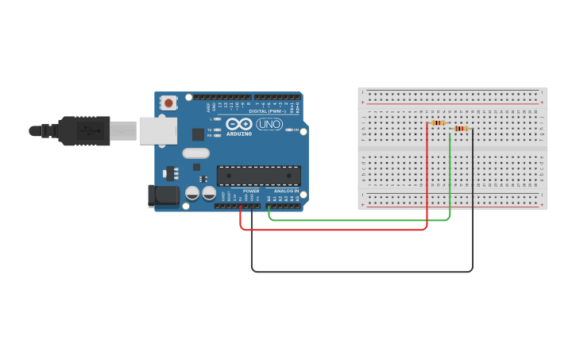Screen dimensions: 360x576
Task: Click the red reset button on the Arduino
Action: [168, 103]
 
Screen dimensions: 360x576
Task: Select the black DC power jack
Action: [164, 195]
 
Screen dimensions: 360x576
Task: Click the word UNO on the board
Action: [269, 124]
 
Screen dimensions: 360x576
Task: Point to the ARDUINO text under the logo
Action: [239, 134]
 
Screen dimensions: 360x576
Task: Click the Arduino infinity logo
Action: [239, 124]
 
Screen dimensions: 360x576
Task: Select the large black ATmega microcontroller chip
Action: [259, 176]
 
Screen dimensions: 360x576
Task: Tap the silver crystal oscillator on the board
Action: [195, 153]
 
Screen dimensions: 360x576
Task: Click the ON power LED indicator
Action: [289, 130]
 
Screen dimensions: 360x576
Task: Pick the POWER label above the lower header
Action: [251, 191]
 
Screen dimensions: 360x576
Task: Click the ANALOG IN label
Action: [286, 191]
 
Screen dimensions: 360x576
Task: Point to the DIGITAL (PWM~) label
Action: [269, 111]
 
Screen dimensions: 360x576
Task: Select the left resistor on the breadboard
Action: [436, 123]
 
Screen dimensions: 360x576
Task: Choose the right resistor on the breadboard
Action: [460, 129]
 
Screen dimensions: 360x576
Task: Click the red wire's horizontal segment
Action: [334, 230]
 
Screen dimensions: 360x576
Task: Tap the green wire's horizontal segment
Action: [358, 220]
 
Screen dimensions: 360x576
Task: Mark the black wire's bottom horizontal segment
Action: [361, 272]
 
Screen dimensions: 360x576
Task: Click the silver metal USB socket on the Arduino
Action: [158, 130]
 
